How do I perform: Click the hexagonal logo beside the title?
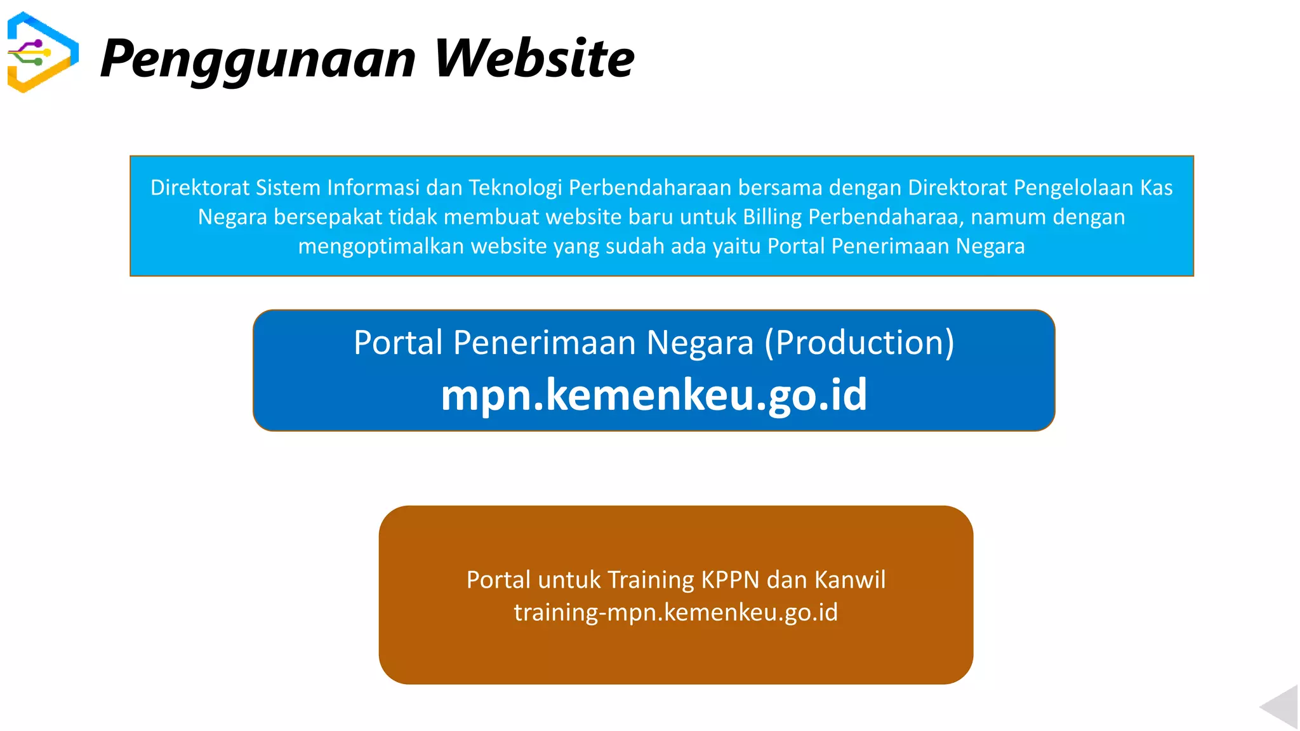pos(43,53)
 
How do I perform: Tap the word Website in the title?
pos(534,58)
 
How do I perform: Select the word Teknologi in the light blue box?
pos(515,188)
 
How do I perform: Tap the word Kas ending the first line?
pos(1156,188)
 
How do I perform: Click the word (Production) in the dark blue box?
pos(859,343)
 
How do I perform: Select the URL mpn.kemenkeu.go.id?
pos(654,395)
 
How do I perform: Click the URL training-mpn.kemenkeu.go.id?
pos(675,612)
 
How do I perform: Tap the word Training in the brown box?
pos(651,580)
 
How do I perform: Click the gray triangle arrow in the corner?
pos(1280,706)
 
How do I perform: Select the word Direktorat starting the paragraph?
pos(199,188)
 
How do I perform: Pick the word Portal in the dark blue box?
pos(398,343)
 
